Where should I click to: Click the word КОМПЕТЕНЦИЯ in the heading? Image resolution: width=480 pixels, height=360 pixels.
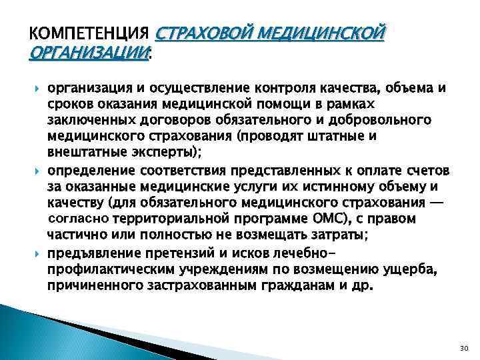90,33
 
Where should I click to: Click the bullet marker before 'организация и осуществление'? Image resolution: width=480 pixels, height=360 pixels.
36,89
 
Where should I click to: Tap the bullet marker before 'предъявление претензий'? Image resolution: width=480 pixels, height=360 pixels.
36,251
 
